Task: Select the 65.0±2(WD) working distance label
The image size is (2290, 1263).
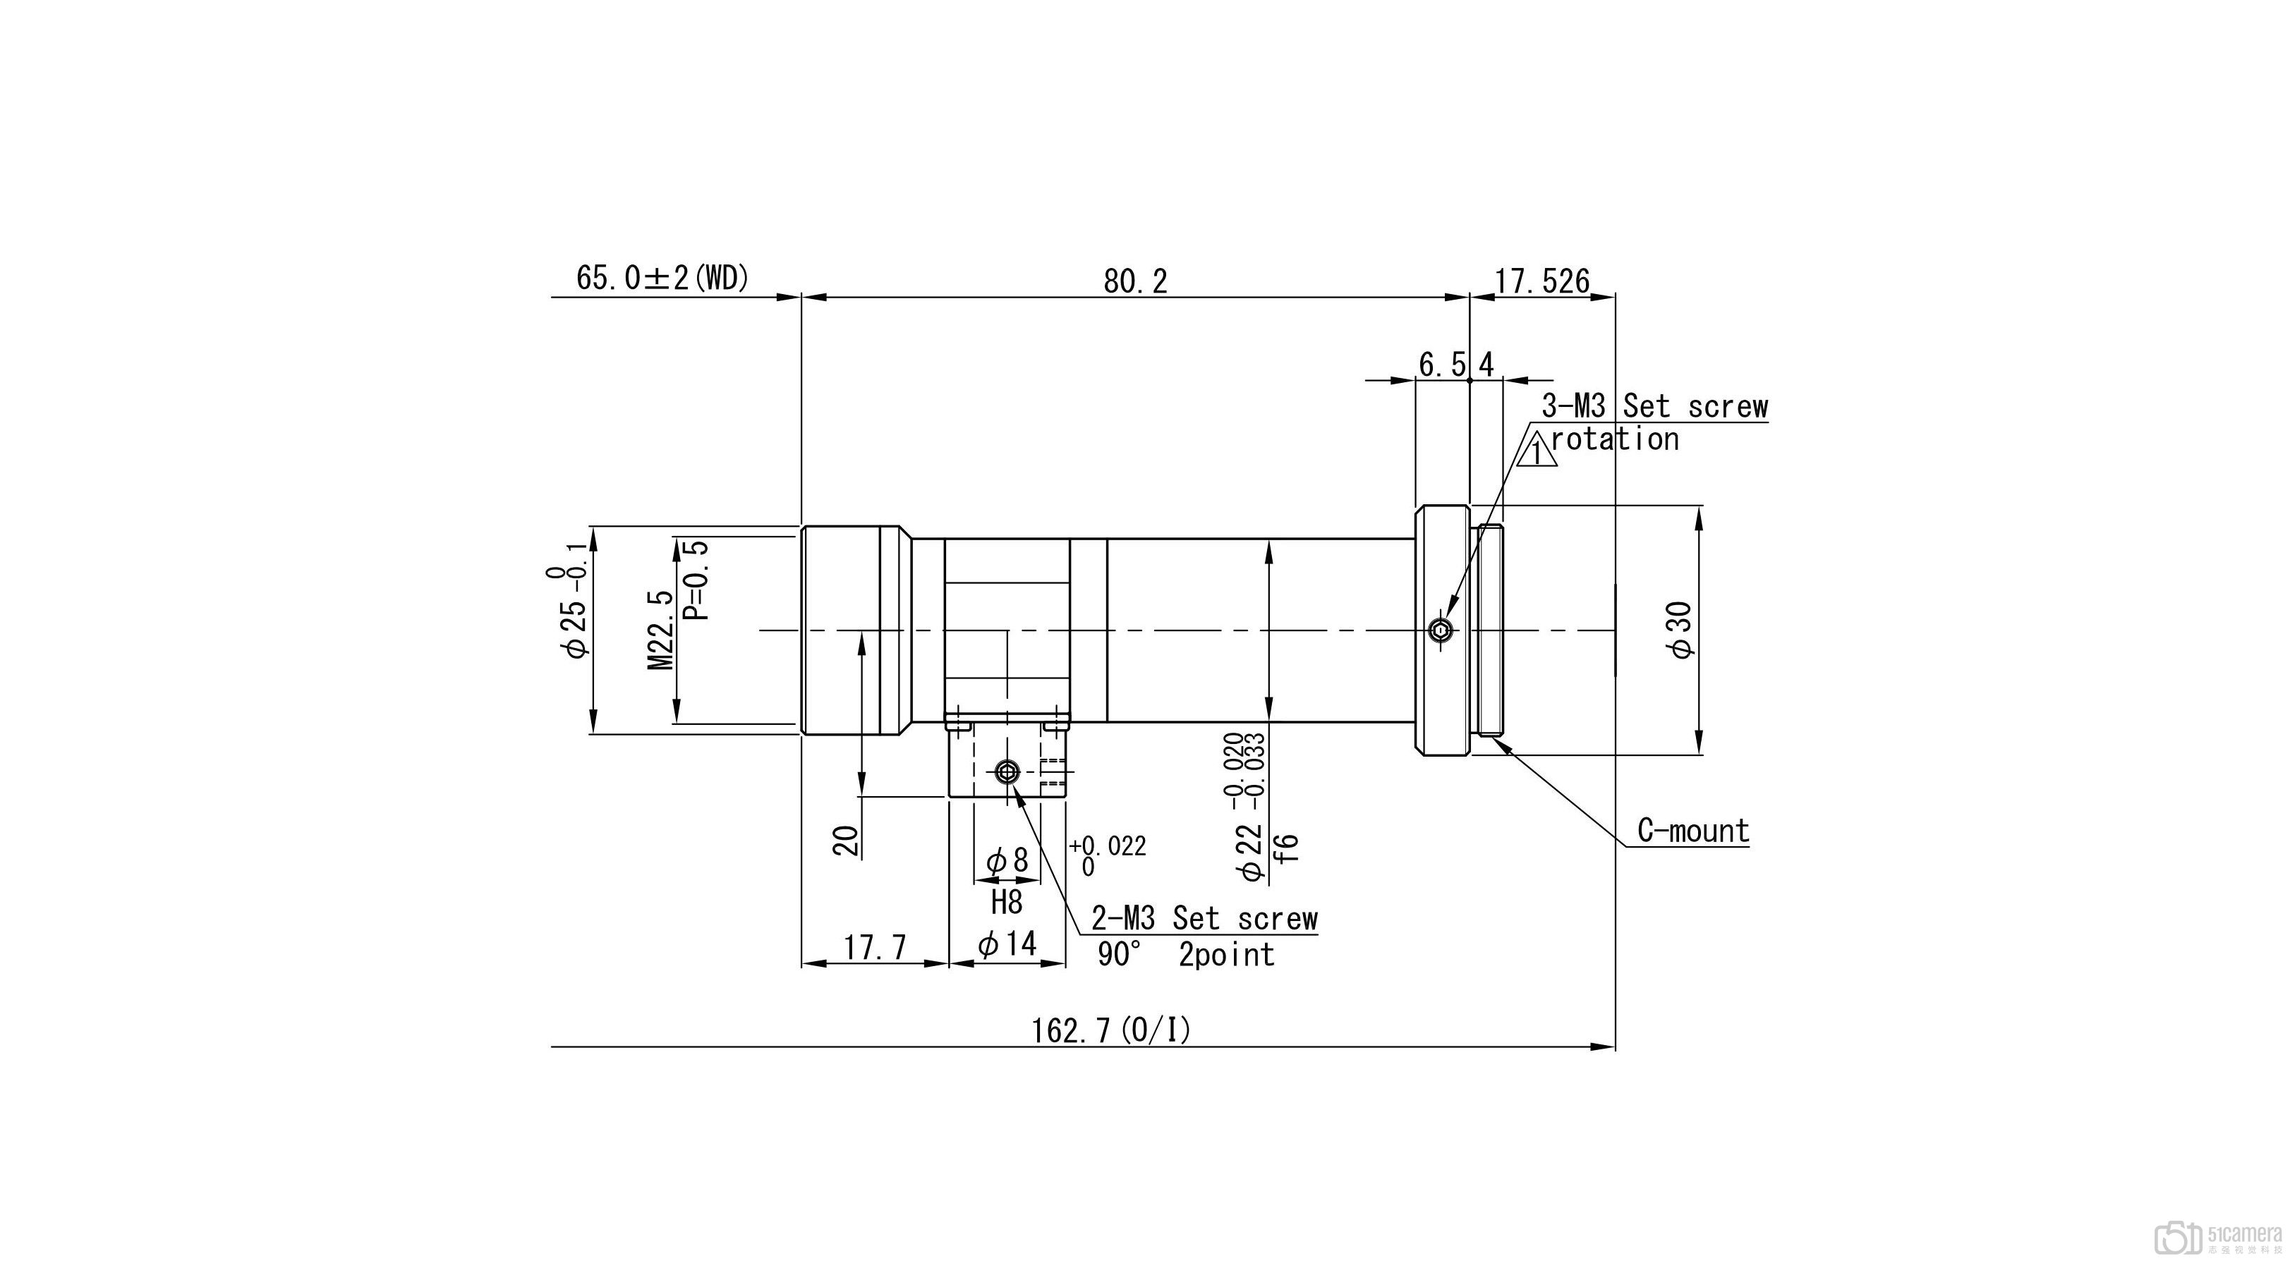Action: pos(663,278)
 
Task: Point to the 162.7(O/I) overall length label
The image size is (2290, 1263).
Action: pos(1110,1030)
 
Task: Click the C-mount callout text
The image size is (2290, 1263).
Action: pos(1693,830)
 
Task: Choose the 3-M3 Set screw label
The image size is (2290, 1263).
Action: pos(1654,406)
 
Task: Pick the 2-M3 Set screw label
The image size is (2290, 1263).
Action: pos(1204,917)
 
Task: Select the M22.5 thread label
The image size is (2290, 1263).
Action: pos(660,630)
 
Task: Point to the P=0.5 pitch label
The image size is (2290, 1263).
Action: pos(696,580)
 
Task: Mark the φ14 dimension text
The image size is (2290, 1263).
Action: pos(1007,943)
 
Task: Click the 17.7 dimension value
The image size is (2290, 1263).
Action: pos(875,948)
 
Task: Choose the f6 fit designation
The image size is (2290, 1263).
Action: pos(1285,847)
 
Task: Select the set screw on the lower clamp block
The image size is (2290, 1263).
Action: pos(1006,771)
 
